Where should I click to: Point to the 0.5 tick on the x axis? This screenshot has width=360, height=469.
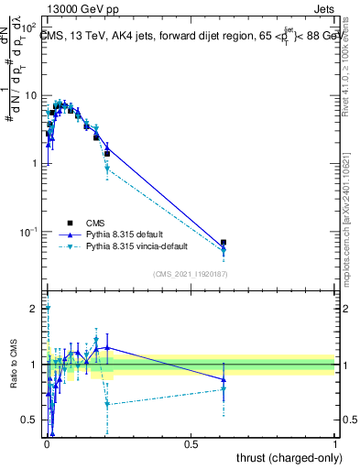(191, 444)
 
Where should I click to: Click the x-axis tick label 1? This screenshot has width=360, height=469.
(335, 444)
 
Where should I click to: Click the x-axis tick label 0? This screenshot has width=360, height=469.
(46, 444)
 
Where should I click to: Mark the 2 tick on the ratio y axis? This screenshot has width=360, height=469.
(34, 309)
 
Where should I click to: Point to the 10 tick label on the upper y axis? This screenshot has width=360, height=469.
(30, 95)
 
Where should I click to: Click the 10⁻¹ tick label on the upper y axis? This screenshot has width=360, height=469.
(27, 232)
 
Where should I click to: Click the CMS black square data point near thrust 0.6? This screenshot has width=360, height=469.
(224, 243)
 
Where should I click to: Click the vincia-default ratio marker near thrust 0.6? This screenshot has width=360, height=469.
(224, 388)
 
